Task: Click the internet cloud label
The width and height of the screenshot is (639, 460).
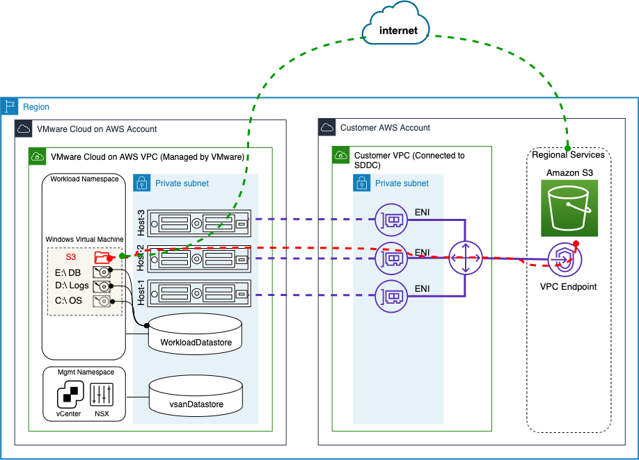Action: click(398, 31)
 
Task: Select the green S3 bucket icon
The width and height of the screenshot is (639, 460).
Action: click(569, 208)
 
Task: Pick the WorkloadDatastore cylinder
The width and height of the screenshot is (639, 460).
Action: click(196, 334)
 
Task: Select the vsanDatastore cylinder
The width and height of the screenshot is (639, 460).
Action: click(196, 396)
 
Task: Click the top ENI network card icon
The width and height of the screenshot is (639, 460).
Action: click(390, 219)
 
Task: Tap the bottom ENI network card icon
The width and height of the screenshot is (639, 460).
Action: click(390, 296)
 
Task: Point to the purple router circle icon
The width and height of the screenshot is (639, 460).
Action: click(464, 258)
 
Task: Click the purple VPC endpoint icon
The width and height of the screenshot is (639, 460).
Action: click(565, 259)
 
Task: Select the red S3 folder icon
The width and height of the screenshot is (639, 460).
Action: click(102, 257)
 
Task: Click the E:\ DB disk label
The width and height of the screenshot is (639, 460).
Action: click(68, 272)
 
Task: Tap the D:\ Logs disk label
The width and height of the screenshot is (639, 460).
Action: click(72, 286)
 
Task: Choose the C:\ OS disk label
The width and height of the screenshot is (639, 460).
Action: click(68, 301)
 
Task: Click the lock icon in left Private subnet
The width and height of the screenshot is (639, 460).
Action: click(142, 183)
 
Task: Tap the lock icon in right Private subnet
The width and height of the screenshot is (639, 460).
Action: click(362, 183)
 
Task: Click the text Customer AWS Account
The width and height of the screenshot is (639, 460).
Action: click(385, 128)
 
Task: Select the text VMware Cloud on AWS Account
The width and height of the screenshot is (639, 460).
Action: click(97, 129)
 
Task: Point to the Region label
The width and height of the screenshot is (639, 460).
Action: click(36, 107)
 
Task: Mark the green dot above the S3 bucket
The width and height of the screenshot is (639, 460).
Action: click(568, 149)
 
